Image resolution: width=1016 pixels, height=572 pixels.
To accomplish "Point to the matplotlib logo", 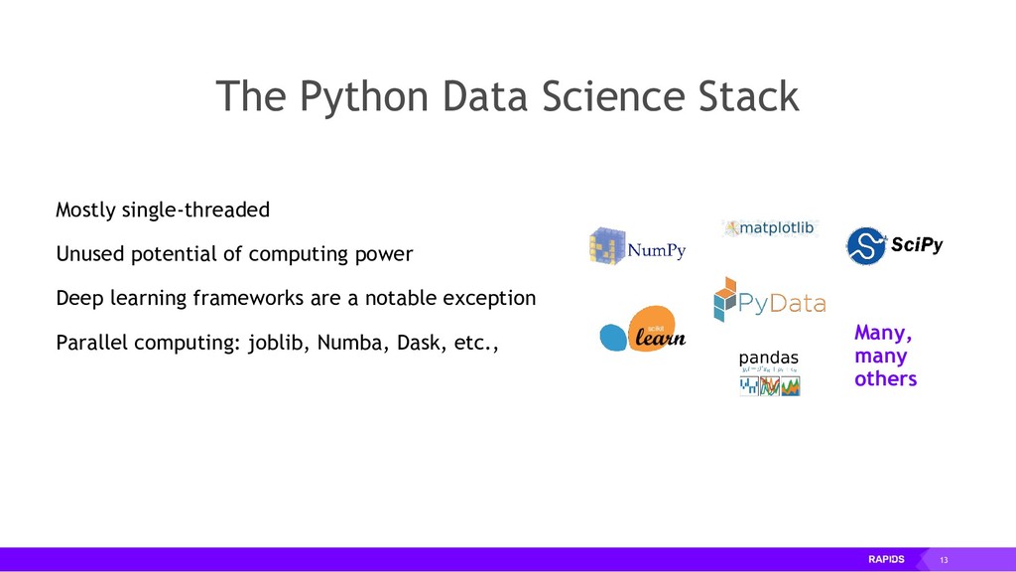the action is coord(769,227).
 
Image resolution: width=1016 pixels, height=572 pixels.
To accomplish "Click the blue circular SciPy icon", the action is coord(865,245).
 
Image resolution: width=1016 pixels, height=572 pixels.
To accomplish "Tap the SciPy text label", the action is coord(916,245).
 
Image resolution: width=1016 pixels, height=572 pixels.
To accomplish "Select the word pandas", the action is coord(768,357).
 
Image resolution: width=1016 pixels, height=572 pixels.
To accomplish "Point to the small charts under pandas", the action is coord(769,382).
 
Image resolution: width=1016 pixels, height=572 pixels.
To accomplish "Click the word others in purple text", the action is coord(885,378).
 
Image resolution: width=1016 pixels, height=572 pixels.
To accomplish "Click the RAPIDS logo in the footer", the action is coord(886,560).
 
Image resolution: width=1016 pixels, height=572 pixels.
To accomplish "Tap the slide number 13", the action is coord(944,561).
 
